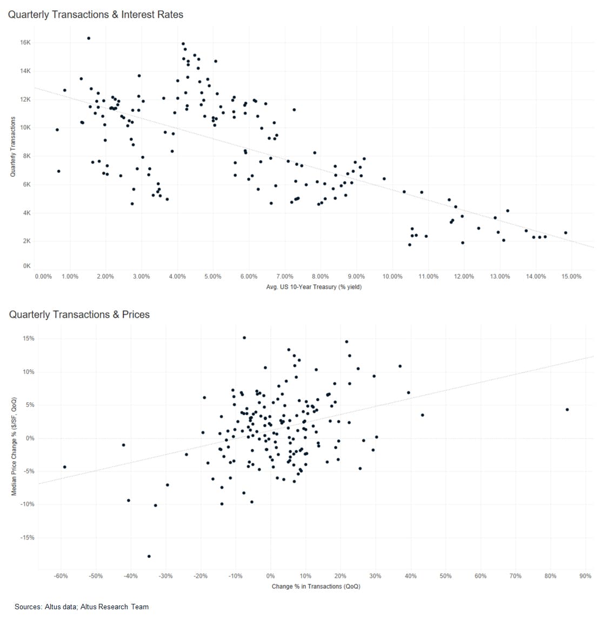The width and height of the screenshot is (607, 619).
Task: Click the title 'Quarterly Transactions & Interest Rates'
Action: tap(96, 15)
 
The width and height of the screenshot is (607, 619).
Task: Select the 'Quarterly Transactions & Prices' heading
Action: tap(79, 315)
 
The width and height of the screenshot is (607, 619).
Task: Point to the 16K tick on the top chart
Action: tap(26, 42)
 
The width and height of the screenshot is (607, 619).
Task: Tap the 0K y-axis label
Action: tap(27, 266)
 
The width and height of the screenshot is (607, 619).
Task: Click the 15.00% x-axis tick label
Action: tap(571, 276)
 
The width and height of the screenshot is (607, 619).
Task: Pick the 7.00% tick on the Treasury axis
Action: tap(285, 276)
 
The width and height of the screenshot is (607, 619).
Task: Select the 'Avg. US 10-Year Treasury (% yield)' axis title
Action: tap(314, 287)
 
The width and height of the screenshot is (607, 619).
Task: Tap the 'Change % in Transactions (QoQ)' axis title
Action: tap(316, 586)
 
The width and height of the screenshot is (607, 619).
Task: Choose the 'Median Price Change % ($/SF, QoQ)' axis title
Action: tap(14, 446)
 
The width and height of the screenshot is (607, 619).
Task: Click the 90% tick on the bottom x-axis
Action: tap(585, 576)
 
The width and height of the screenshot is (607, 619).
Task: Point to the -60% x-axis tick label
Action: tap(61, 576)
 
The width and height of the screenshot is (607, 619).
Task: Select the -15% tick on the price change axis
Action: tap(28, 537)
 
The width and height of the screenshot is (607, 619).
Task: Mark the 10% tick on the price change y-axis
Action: tap(28, 372)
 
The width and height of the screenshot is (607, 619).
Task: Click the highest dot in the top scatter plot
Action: tap(89, 38)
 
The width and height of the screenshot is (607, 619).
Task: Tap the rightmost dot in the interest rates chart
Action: tap(565, 232)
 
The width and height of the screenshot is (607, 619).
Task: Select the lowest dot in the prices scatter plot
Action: tap(149, 556)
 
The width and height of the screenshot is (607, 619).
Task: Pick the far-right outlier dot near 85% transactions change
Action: tap(567, 409)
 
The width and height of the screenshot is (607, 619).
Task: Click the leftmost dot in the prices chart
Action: tap(64, 467)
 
